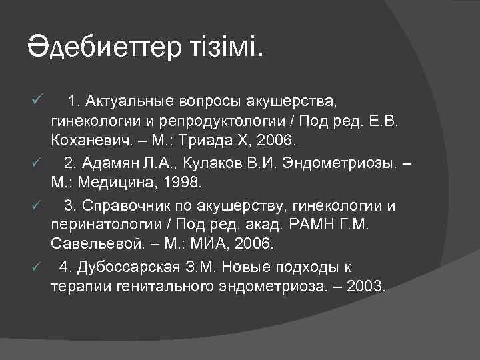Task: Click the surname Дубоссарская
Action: pos(132,267)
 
